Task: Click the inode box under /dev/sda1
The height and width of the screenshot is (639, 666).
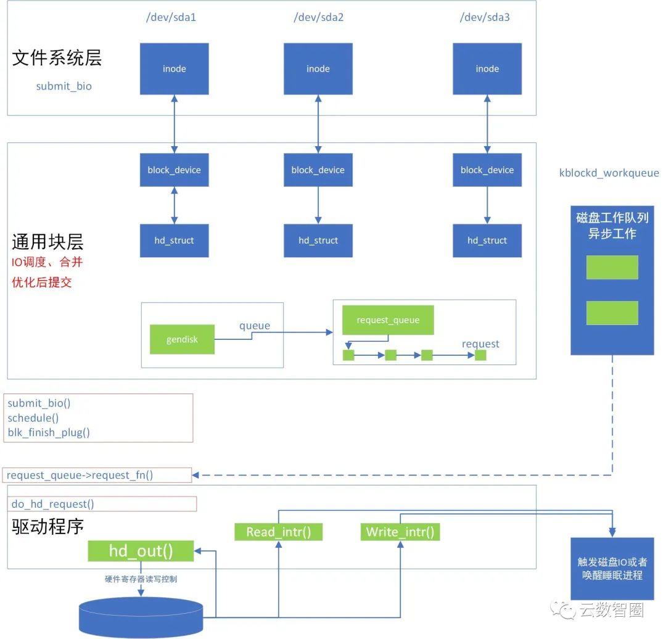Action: click(174, 69)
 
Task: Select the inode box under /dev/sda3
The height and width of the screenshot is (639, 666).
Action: click(487, 69)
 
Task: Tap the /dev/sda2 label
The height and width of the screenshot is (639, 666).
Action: click(318, 17)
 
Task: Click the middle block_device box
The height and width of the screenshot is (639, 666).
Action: click(318, 170)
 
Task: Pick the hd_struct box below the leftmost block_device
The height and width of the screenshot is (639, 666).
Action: click(174, 241)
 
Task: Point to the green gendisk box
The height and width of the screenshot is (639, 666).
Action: click(182, 339)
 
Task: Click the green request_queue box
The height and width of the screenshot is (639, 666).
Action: click(388, 320)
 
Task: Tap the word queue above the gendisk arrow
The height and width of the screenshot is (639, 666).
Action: click(255, 326)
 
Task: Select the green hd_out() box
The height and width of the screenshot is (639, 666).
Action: click(141, 551)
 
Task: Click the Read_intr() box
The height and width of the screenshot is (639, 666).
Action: click(279, 532)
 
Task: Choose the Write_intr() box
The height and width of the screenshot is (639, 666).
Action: click(400, 532)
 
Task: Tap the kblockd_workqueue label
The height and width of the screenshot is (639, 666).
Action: click(609, 173)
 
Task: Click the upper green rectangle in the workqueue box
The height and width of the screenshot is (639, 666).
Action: click(612, 267)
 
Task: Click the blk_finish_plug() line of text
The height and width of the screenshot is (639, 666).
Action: click(49, 432)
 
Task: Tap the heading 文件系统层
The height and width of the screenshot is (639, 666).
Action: click(57, 58)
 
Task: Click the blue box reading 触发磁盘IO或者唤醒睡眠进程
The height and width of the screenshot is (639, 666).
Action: click(612, 568)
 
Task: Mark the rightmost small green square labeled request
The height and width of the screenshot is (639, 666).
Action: click(480, 355)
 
